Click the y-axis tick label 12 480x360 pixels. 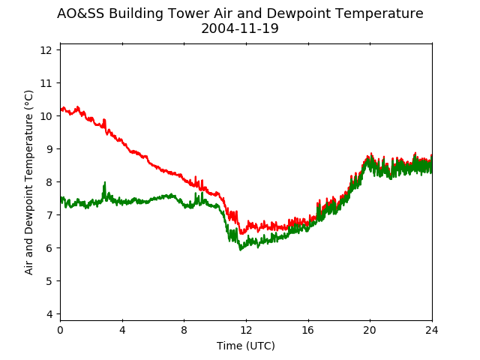coord(46,50)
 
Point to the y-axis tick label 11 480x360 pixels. coord(46,83)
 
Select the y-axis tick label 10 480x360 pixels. coord(46,116)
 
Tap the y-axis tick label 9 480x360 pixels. coord(49,149)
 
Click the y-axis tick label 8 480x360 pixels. coord(49,182)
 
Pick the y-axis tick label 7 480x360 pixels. coord(49,215)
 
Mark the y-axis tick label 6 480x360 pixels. coord(49,248)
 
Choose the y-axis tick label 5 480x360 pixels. coord(49,281)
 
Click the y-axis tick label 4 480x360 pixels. coord(49,314)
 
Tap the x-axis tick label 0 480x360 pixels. coord(61,330)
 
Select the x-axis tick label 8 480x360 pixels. coord(184,330)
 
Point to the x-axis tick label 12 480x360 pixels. coord(246,330)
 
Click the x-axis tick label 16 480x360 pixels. coord(308,330)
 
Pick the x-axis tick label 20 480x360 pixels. coord(370,330)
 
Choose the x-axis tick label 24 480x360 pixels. coord(432,330)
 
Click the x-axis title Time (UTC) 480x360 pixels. coord(246,346)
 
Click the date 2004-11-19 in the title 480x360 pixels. coord(240,28)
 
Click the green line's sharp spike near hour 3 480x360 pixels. coord(105,182)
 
